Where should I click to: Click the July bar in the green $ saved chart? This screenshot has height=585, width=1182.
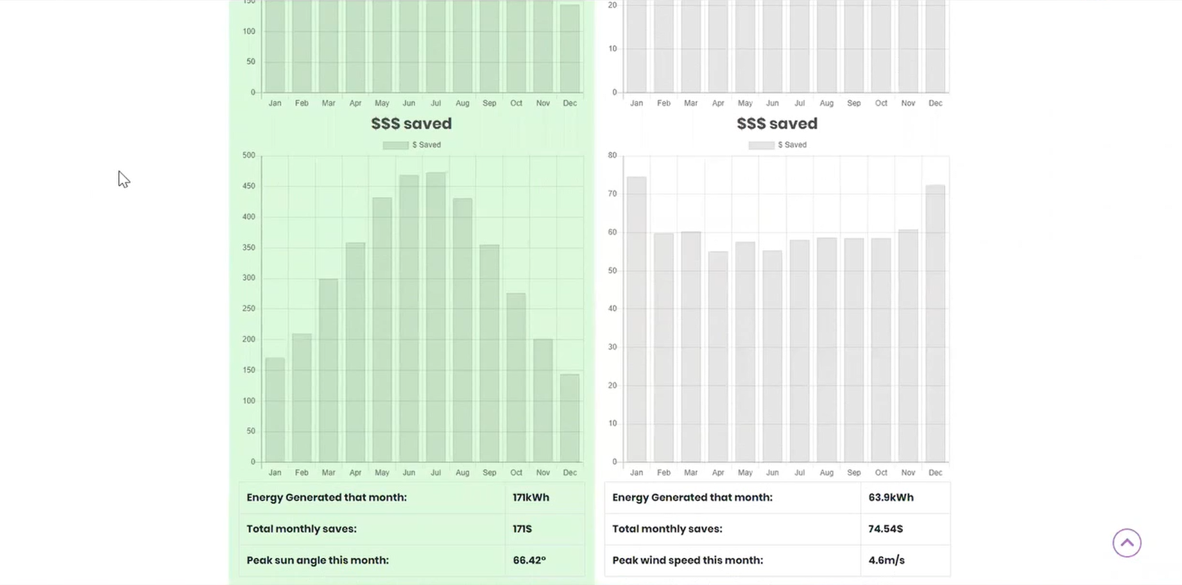tap(436, 317)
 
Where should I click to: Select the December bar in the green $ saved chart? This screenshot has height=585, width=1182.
tap(570, 418)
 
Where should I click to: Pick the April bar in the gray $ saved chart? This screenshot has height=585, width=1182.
tap(718, 356)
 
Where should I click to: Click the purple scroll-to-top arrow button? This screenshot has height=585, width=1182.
tap(1127, 543)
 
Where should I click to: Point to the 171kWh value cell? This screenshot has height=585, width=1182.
tap(531, 498)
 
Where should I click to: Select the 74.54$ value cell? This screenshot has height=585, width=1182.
tap(886, 529)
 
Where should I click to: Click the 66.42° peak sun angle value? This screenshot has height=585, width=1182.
tap(529, 561)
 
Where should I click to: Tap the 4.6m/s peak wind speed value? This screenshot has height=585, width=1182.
tap(886, 561)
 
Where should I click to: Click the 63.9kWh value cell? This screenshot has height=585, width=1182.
tap(891, 498)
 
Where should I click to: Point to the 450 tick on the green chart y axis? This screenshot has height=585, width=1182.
tap(249, 186)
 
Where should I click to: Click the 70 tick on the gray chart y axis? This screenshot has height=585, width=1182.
tap(612, 194)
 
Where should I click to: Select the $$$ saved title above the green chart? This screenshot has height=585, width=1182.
tap(411, 124)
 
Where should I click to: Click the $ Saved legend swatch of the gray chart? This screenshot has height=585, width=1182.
tap(761, 146)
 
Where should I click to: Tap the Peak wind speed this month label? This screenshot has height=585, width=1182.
tap(687, 561)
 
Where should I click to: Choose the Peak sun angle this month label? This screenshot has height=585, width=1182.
tap(318, 561)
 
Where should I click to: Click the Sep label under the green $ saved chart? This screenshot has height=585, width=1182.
tap(489, 473)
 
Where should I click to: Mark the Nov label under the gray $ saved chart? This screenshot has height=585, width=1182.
tap(908, 473)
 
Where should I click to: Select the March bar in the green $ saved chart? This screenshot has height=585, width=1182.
tap(329, 370)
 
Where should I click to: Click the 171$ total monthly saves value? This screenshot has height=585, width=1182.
tap(522, 529)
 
